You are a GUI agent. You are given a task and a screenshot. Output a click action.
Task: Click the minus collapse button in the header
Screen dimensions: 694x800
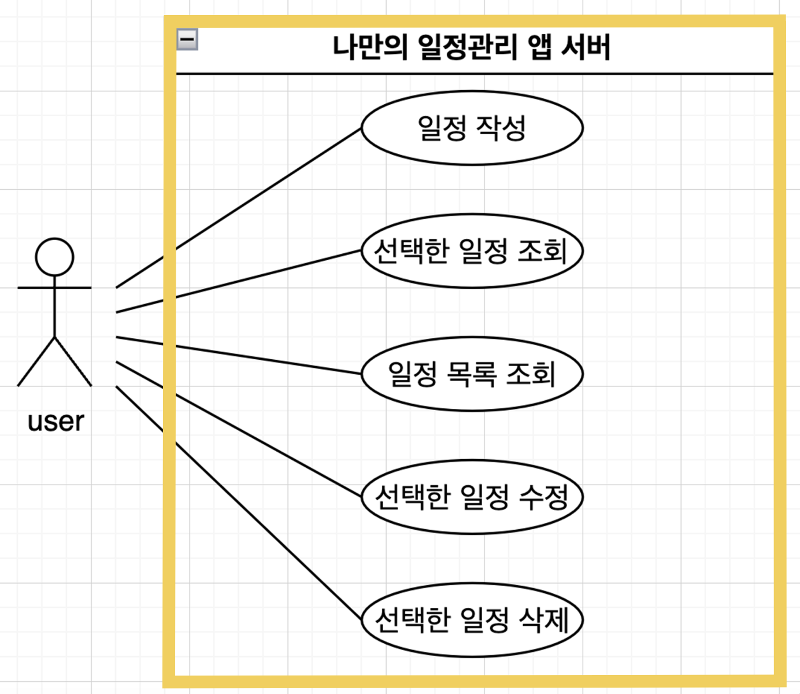click(x=187, y=39)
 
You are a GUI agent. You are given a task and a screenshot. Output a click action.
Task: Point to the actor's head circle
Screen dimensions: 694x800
click(x=54, y=256)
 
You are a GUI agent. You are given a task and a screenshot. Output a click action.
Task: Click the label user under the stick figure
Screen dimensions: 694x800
click(x=55, y=421)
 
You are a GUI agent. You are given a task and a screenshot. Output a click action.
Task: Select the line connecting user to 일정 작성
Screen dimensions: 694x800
click(x=238, y=208)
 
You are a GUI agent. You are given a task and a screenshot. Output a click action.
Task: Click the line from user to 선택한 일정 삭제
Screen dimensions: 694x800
click(x=238, y=503)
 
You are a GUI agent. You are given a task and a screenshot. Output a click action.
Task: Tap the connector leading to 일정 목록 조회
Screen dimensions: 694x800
click(x=238, y=355)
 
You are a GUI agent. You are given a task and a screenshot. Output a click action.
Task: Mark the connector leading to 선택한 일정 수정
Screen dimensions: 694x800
click(x=238, y=429)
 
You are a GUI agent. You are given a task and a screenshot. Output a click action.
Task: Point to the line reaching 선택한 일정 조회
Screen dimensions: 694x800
click(x=238, y=282)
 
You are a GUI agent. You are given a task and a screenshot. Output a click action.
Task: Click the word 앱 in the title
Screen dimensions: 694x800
click(x=539, y=47)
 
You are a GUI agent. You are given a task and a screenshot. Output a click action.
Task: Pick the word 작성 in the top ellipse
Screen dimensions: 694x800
click(x=501, y=128)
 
